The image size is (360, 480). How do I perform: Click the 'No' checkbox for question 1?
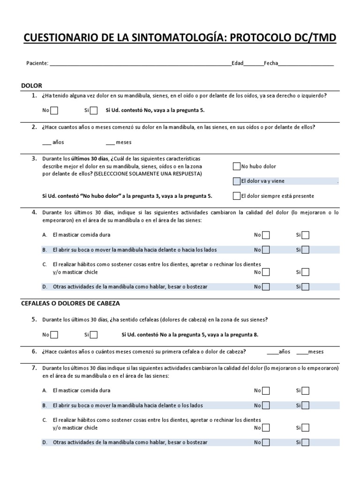coord(54,111)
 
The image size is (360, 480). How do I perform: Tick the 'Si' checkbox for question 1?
coord(94,111)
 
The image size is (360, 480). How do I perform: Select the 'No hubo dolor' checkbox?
coord(236,166)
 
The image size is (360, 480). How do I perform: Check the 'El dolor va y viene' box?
coord(236,181)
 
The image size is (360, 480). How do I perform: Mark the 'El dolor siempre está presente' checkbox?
coord(236,196)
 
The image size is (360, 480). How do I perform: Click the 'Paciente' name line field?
coord(140,64)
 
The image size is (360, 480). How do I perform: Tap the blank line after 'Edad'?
coord(254,64)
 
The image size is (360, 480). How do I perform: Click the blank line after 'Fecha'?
coord(306,64)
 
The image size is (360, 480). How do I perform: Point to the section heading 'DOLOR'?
coord(32,86)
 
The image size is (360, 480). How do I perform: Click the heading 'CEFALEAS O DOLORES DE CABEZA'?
coord(70,303)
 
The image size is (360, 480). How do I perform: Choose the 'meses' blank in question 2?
coord(110,142)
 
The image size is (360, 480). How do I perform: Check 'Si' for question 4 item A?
coord(306,235)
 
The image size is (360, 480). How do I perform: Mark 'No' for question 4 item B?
coord(266,250)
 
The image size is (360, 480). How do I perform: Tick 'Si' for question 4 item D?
coord(306,286)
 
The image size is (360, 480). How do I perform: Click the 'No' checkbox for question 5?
coord(54,335)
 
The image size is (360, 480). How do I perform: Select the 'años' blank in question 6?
coord(272,352)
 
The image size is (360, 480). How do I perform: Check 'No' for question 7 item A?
coord(266,390)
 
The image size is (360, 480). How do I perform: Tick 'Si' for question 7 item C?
coord(306,427)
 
